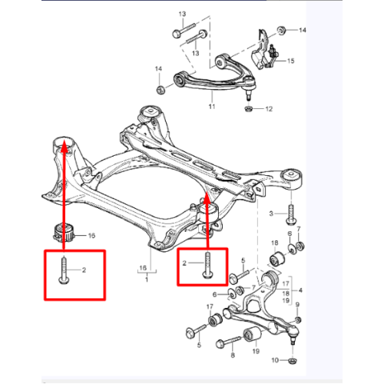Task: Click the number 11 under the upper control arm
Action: click(x=212, y=106)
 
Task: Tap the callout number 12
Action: click(x=269, y=109)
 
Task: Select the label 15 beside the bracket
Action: click(x=291, y=61)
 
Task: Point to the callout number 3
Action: click(x=271, y=214)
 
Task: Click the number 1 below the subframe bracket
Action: click(x=147, y=279)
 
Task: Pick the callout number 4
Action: click(x=300, y=290)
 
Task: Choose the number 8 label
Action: click(x=233, y=355)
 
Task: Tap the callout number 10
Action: click(x=275, y=360)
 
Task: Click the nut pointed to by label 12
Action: click(x=248, y=109)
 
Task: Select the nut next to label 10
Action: click(x=293, y=361)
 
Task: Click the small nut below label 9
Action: click(x=297, y=319)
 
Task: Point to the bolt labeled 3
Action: click(x=291, y=214)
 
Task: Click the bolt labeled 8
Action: click(x=228, y=342)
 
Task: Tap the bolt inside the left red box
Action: click(x=63, y=270)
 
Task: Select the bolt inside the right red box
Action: click(x=207, y=265)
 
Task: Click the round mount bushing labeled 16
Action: click(x=65, y=233)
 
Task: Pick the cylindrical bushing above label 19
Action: click(x=252, y=335)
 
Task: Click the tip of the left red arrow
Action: click(x=64, y=144)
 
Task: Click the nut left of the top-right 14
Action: click(x=282, y=30)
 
